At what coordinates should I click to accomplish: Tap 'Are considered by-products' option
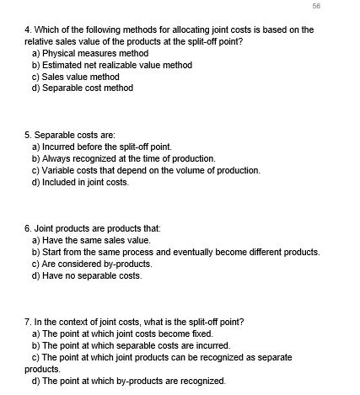(88, 264)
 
